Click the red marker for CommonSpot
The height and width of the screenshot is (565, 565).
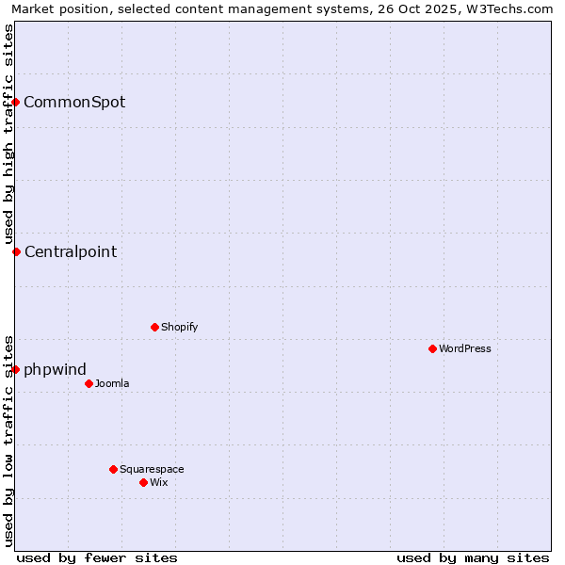(x=16, y=102)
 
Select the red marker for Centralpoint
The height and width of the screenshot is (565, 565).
(x=16, y=251)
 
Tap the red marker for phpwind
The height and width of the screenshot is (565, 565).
(x=16, y=369)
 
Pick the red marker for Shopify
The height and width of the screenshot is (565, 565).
(x=154, y=327)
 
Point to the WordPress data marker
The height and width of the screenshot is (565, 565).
(x=432, y=348)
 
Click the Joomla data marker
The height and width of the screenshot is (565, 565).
(x=89, y=383)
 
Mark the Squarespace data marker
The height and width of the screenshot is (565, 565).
(x=113, y=469)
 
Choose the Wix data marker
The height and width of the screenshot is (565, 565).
(x=143, y=482)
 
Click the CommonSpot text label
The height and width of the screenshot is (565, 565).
(x=74, y=102)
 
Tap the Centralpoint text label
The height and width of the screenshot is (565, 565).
(x=71, y=251)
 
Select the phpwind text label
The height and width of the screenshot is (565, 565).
(x=55, y=369)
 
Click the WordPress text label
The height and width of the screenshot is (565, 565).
(x=465, y=348)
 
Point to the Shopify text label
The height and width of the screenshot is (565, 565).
(x=180, y=327)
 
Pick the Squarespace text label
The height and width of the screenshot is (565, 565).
(x=152, y=469)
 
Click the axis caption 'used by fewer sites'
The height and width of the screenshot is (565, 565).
(x=97, y=557)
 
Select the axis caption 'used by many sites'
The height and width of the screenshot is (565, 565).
(x=473, y=557)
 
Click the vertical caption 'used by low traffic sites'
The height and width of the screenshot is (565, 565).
(x=8, y=440)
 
